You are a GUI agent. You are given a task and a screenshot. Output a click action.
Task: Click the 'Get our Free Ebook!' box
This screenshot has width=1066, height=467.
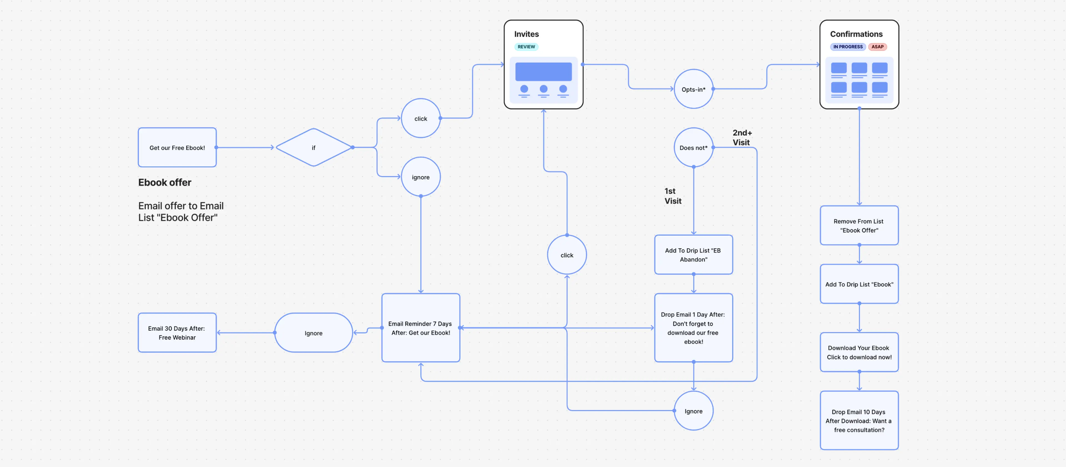pos(177,148)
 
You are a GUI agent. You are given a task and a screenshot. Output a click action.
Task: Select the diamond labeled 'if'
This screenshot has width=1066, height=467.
pos(314,148)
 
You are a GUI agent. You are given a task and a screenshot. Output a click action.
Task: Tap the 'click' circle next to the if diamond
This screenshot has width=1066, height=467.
pos(421,118)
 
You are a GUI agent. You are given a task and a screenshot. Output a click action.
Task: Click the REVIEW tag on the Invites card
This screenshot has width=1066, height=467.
pos(526,47)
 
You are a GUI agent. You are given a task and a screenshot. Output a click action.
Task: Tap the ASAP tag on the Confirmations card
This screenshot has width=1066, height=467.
pos(877,47)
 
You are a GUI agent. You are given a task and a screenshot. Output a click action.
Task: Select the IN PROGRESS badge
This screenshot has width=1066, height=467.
pos(848,47)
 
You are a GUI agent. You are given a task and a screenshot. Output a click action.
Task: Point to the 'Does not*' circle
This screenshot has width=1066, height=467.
pos(693,148)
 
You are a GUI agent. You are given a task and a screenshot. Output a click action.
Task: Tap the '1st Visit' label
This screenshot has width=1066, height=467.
pos(672,196)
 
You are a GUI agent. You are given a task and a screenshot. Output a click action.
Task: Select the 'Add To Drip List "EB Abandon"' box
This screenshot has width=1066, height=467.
pos(693,255)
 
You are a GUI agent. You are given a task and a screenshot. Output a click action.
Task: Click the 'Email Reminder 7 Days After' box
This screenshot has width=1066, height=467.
pos(421,328)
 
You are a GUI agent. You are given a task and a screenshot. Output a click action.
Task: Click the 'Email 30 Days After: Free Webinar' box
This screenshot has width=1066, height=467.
pos(177,333)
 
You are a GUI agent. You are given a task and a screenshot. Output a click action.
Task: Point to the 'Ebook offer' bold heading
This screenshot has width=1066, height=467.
pos(165,183)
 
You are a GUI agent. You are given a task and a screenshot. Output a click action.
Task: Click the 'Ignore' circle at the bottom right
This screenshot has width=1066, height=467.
pos(693,411)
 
